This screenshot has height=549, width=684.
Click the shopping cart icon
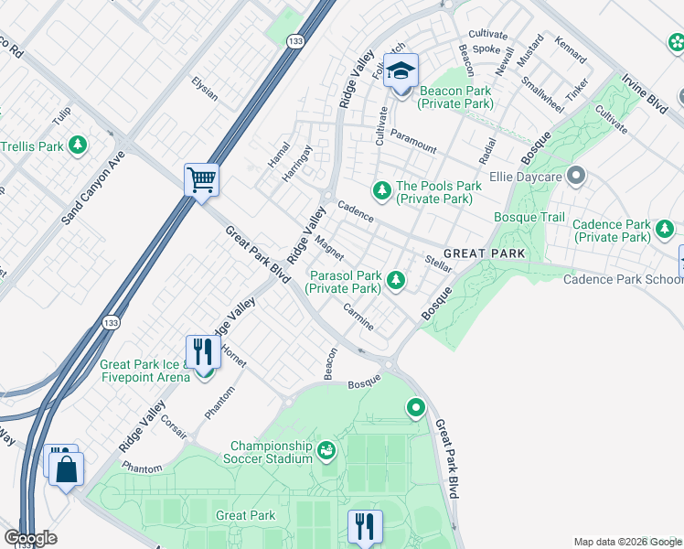(x=201, y=178)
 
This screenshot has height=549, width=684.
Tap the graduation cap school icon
(x=401, y=70)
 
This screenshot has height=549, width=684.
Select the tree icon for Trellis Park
(x=79, y=145)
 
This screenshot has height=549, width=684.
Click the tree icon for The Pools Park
(x=381, y=190)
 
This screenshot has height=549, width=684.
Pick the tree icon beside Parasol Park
(x=396, y=280)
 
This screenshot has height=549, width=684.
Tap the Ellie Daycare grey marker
(x=575, y=174)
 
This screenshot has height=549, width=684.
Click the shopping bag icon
(x=68, y=470)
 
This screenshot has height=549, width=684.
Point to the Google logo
(x=29, y=538)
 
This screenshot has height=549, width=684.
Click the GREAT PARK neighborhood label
(x=485, y=253)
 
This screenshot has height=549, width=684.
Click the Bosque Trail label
(x=529, y=217)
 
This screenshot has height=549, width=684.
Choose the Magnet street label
(x=328, y=247)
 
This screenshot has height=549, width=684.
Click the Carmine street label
(x=358, y=318)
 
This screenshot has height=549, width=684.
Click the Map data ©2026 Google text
(x=626, y=542)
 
